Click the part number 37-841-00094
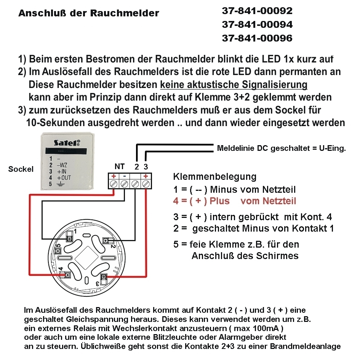click(x=257, y=24)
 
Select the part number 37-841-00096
click(x=257, y=38)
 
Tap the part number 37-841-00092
click(x=257, y=11)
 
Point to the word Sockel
click(x=21, y=169)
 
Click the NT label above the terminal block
click(x=119, y=166)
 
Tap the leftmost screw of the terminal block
click(x=113, y=184)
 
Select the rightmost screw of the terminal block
click(x=146, y=184)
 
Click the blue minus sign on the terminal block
click(x=124, y=176)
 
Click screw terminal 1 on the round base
click(x=70, y=238)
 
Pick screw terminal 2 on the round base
click(x=106, y=240)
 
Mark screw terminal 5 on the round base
click(x=59, y=251)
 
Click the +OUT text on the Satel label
click(x=64, y=178)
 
